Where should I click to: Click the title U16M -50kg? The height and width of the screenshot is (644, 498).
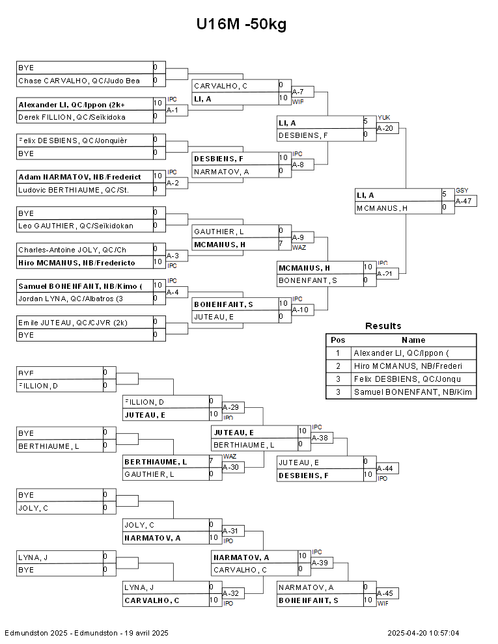coord(241,25)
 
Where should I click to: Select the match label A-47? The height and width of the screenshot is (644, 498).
coord(463,201)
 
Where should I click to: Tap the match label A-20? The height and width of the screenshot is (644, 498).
coord(385,128)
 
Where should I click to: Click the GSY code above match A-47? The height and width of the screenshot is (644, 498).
coord(462,191)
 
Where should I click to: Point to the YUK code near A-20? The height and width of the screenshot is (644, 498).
coord(383,118)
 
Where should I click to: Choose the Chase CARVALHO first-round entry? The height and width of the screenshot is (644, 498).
coord(79,81)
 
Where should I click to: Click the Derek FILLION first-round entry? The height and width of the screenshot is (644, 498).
coord(72,117)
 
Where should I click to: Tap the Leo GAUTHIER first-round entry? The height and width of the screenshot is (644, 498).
coord(76,226)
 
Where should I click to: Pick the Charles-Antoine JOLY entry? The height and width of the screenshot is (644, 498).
coord(72,250)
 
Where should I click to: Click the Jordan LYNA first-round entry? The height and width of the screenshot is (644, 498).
coord(74,299)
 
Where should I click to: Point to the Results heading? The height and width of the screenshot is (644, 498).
coord(383,326)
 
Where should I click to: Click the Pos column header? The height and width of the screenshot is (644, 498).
coord(338,340)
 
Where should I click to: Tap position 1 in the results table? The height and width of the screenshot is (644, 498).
coord(338,353)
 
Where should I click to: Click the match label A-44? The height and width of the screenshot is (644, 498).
coord(385,468)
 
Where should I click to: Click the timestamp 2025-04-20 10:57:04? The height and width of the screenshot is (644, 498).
coord(423,633)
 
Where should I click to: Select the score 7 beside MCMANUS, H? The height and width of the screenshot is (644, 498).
coord(281,244)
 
